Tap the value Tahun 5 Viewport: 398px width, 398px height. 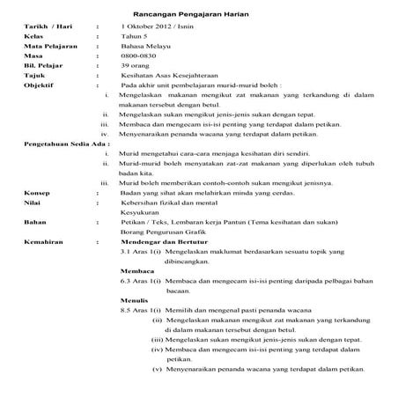tap(136, 41)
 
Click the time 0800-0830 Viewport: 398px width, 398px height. tap(140, 66)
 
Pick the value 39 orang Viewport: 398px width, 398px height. tap(139, 78)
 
